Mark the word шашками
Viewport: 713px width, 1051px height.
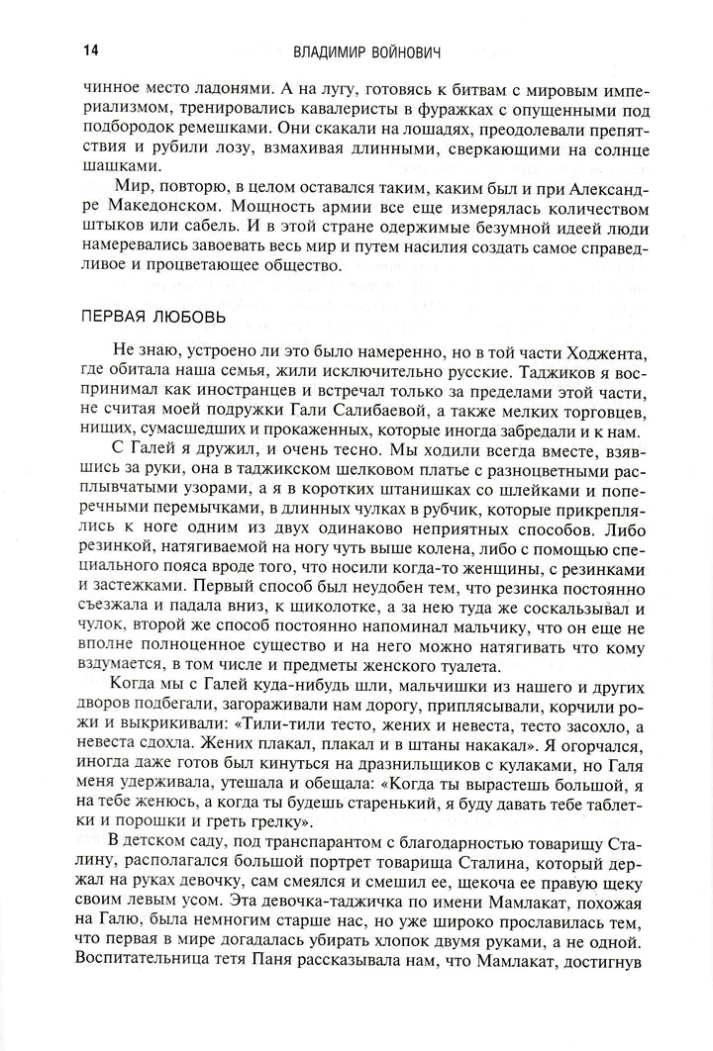(117, 164)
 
